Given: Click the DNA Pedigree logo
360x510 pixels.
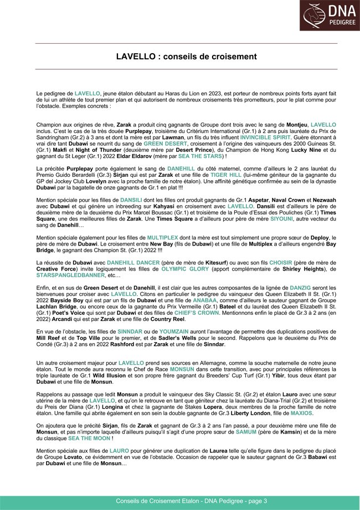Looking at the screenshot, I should pos(330,16).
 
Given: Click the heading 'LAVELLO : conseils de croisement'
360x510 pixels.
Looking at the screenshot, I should pos(186,57).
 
